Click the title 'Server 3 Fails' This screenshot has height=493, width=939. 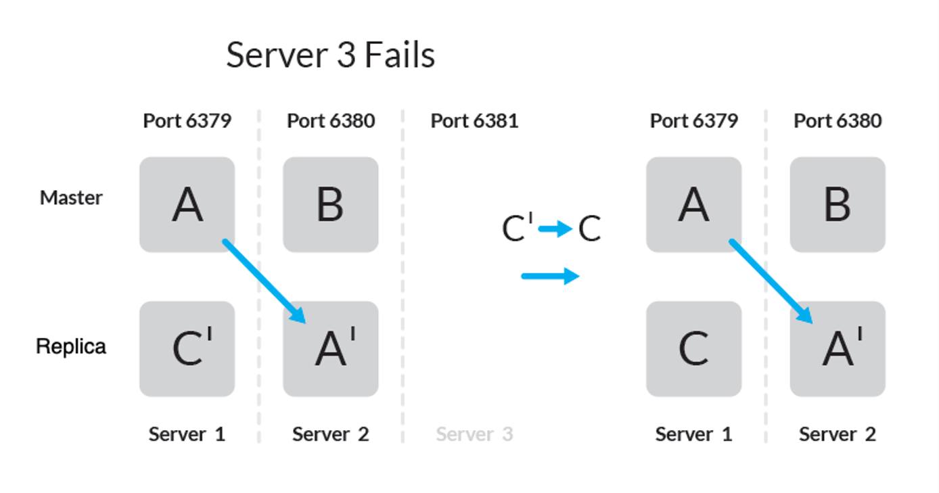click(x=330, y=55)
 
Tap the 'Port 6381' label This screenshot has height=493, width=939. click(x=474, y=121)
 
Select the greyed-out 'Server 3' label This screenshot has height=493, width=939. click(x=474, y=434)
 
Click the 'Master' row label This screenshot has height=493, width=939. click(x=71, y=198)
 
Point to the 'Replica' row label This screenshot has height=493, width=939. click(x=71, y=346)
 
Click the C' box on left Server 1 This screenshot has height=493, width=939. click(x=187, y=349)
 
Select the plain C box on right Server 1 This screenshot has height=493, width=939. click(x=693, y=349)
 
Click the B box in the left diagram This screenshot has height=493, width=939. click(x=330, y=205)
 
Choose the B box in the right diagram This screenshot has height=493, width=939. click(x=838, y=205)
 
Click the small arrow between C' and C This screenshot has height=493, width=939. click(x=555, y=229)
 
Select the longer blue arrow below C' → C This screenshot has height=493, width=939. click(x=550, y=276)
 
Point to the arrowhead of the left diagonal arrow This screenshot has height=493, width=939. click(x=298, y=315)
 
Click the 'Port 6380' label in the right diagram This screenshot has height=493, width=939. click(x=838, y=121)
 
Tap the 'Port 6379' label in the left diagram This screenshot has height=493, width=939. click(x=187, y=121)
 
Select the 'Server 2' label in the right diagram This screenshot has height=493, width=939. click(x=838, y=434)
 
